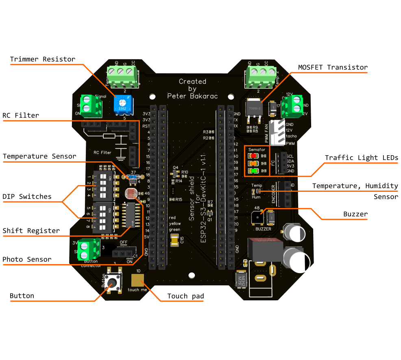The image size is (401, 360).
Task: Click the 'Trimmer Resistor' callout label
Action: coord(43,59)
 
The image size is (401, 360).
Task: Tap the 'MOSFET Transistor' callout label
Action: coord(333,67)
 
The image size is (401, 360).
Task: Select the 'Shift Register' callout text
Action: coord(31,231)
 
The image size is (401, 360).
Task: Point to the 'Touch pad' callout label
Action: coord(185,296)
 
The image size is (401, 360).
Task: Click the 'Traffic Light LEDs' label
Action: coord(361,158)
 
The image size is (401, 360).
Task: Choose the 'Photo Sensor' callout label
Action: coord(27,259)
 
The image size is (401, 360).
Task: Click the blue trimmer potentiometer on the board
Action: coord(122,104)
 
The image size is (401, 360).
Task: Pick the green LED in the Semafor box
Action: coord(254,171)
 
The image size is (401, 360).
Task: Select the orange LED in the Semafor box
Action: coord(254,163)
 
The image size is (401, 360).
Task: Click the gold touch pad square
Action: coord(138,280)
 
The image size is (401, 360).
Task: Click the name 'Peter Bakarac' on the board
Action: coord(192,96)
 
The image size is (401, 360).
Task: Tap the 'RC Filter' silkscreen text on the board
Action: coord(102,153)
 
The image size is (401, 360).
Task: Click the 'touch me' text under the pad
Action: coord(137,290)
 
